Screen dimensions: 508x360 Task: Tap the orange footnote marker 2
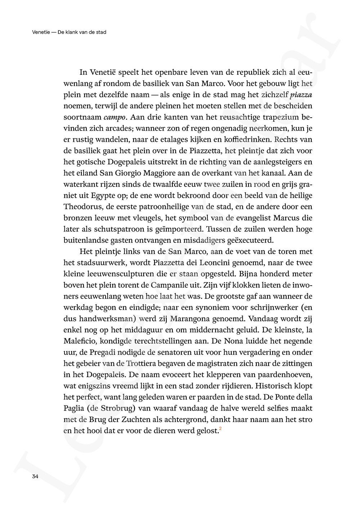coord(220,428)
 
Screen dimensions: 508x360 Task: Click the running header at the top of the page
coord(69,32)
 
